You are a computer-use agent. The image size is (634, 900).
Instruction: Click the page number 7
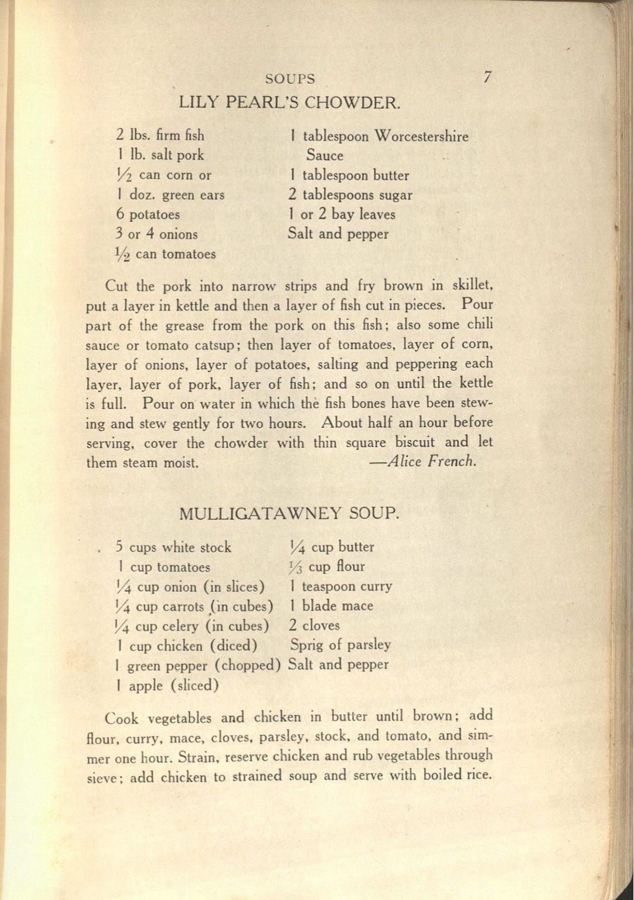[487, 77]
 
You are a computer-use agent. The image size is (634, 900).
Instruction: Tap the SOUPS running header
[289, 79]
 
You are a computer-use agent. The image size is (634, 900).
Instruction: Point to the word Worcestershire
[421, 137]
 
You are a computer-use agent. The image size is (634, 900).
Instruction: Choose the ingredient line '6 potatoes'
[148, 214]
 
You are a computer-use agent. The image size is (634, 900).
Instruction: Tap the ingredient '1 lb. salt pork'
[160, 155]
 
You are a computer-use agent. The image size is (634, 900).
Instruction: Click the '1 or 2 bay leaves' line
[342, 214]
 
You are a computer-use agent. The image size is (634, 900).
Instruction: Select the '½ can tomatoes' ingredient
[166, 254]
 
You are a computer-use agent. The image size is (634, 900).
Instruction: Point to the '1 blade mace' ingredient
[331, 606]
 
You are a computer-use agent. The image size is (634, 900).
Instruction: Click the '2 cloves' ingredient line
[314, 626]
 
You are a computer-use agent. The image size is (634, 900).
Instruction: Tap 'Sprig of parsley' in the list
[340, 645]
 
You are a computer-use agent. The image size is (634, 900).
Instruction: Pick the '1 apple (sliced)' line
[168, 686]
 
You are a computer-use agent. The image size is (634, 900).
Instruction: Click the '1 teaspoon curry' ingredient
[340, 587]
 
